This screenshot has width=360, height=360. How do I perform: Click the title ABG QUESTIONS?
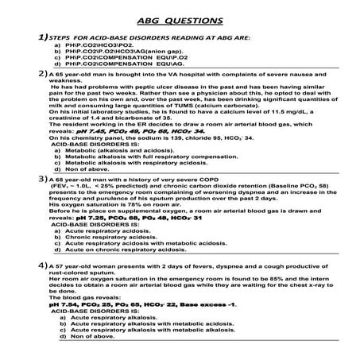[182, 20]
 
